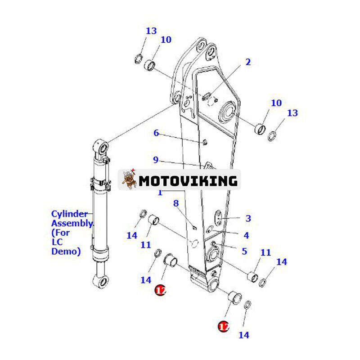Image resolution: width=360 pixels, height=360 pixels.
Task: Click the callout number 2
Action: point(248,62)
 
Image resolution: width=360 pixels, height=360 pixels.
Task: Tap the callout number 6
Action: point(156,133)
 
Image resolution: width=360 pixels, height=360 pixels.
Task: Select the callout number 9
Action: point(156,160)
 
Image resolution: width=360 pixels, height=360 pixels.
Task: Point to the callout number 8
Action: point(176,203)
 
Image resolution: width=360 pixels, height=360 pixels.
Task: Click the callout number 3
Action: point(248,218)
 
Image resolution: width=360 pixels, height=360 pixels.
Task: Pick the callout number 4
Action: point(246,235)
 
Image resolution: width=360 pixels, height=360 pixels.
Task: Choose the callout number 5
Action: point(245,251)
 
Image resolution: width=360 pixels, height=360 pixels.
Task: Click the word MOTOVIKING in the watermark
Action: point(188,181)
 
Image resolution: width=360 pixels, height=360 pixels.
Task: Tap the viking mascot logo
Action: point(129,179)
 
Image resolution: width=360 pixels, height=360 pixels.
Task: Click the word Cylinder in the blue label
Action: point(69,214)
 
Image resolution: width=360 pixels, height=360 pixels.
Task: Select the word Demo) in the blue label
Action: point(66,252)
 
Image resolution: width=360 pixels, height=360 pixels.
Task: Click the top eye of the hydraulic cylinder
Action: point(102,147)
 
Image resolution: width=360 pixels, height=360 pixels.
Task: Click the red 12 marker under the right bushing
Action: point(223,326)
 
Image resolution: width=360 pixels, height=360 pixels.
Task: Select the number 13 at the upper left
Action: point(151,31)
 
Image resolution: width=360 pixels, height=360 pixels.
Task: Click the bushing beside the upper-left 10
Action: point(149,65)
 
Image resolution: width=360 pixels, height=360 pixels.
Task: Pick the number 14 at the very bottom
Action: point(244,335)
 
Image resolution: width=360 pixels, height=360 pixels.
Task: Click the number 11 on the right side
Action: point(265,253)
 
